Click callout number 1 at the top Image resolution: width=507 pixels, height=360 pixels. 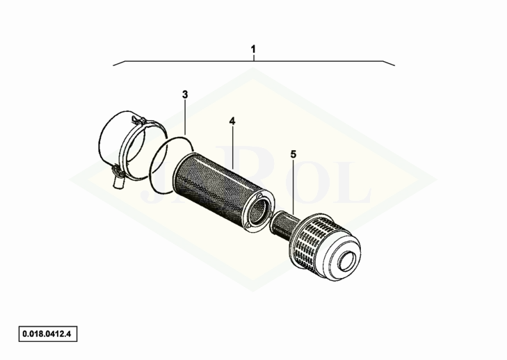[x=253, y=49]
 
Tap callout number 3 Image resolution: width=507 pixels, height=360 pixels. [x=185, y=95]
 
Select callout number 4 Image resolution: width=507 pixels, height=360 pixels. [x=232, y=121]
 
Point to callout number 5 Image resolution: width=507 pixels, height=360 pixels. [x=293, y=154]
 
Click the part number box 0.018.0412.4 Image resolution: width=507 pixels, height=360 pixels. [x=48, y=334]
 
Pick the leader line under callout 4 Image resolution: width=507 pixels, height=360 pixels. [x=233, y=148]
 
